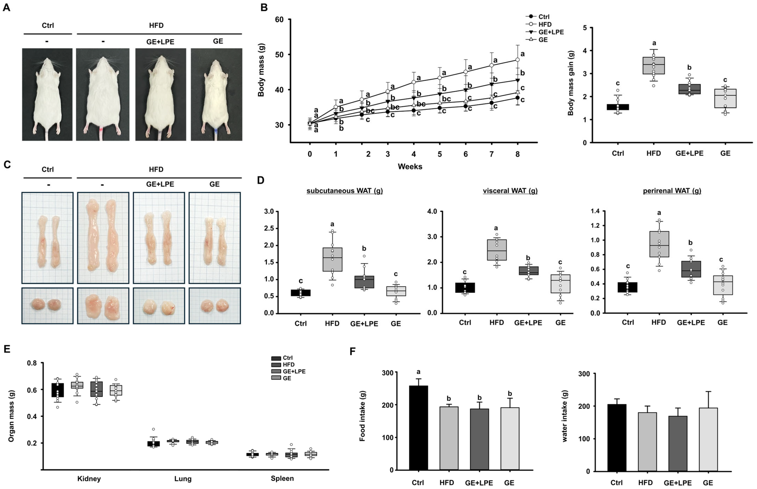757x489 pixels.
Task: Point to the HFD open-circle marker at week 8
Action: (x=518, y=60)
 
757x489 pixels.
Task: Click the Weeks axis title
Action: (x=410, y=166)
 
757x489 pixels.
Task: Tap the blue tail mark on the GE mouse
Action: (x=216, y=131)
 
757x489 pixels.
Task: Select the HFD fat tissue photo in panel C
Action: (x=103, y=238)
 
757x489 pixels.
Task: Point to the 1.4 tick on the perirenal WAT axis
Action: (x=595, y=211)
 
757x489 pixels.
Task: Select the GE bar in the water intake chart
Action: (x=708, y=439)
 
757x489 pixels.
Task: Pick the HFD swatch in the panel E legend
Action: (x=276, y=365)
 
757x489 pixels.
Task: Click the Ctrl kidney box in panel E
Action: (x=58, y=390)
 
